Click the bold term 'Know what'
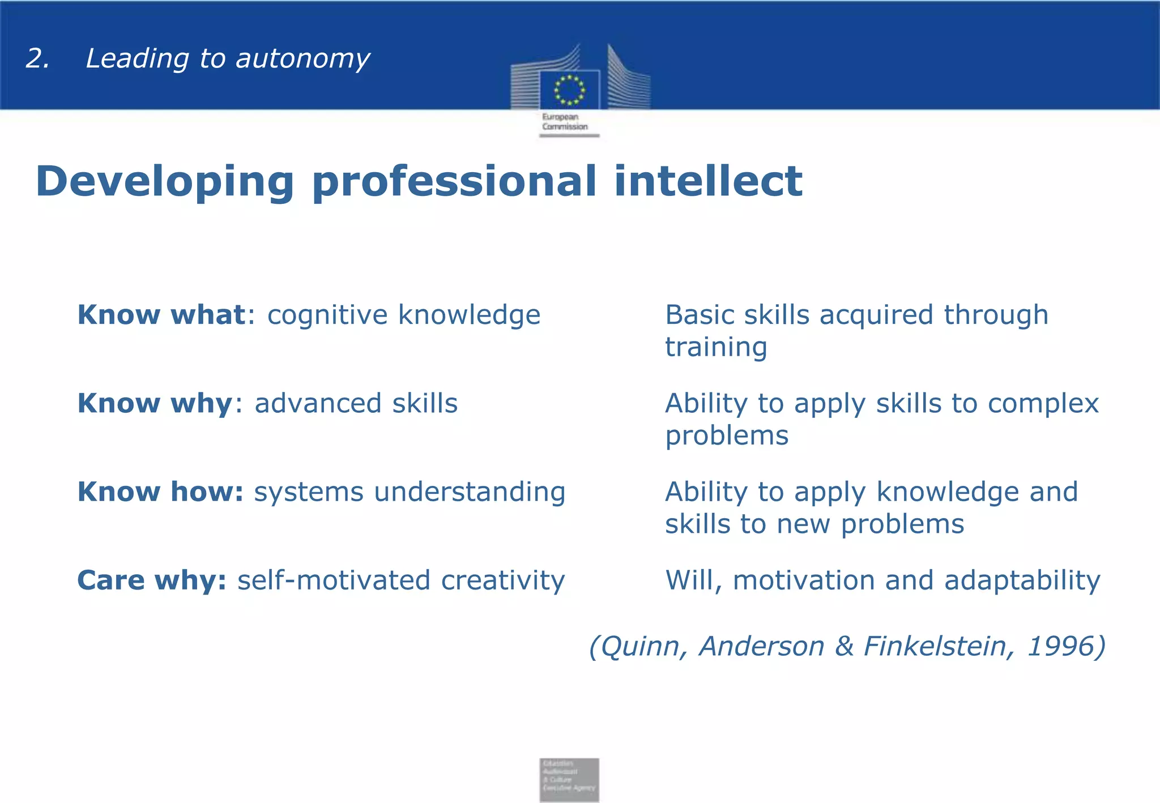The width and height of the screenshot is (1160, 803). click(161, 315)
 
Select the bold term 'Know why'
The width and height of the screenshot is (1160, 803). click(155, 403)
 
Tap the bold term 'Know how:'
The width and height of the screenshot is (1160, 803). click(160, 492)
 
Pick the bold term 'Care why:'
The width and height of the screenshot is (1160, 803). click(152, 580)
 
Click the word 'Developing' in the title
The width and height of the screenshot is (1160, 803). click(164, 182)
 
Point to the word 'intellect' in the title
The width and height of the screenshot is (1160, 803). click(708, 181)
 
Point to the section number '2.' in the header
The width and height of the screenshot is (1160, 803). click(37, 59)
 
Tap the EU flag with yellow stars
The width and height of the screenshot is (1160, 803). click(569, 89)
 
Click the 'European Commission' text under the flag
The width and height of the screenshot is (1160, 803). click(565, 122)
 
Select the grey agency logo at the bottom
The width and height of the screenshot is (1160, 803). click(569, 779)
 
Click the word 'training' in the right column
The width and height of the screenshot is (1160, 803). click(716, 347)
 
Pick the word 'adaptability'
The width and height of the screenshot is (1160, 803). click(1022, 580)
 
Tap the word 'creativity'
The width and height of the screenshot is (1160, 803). click(502, 580)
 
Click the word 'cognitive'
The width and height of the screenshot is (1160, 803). click(327, 315)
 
